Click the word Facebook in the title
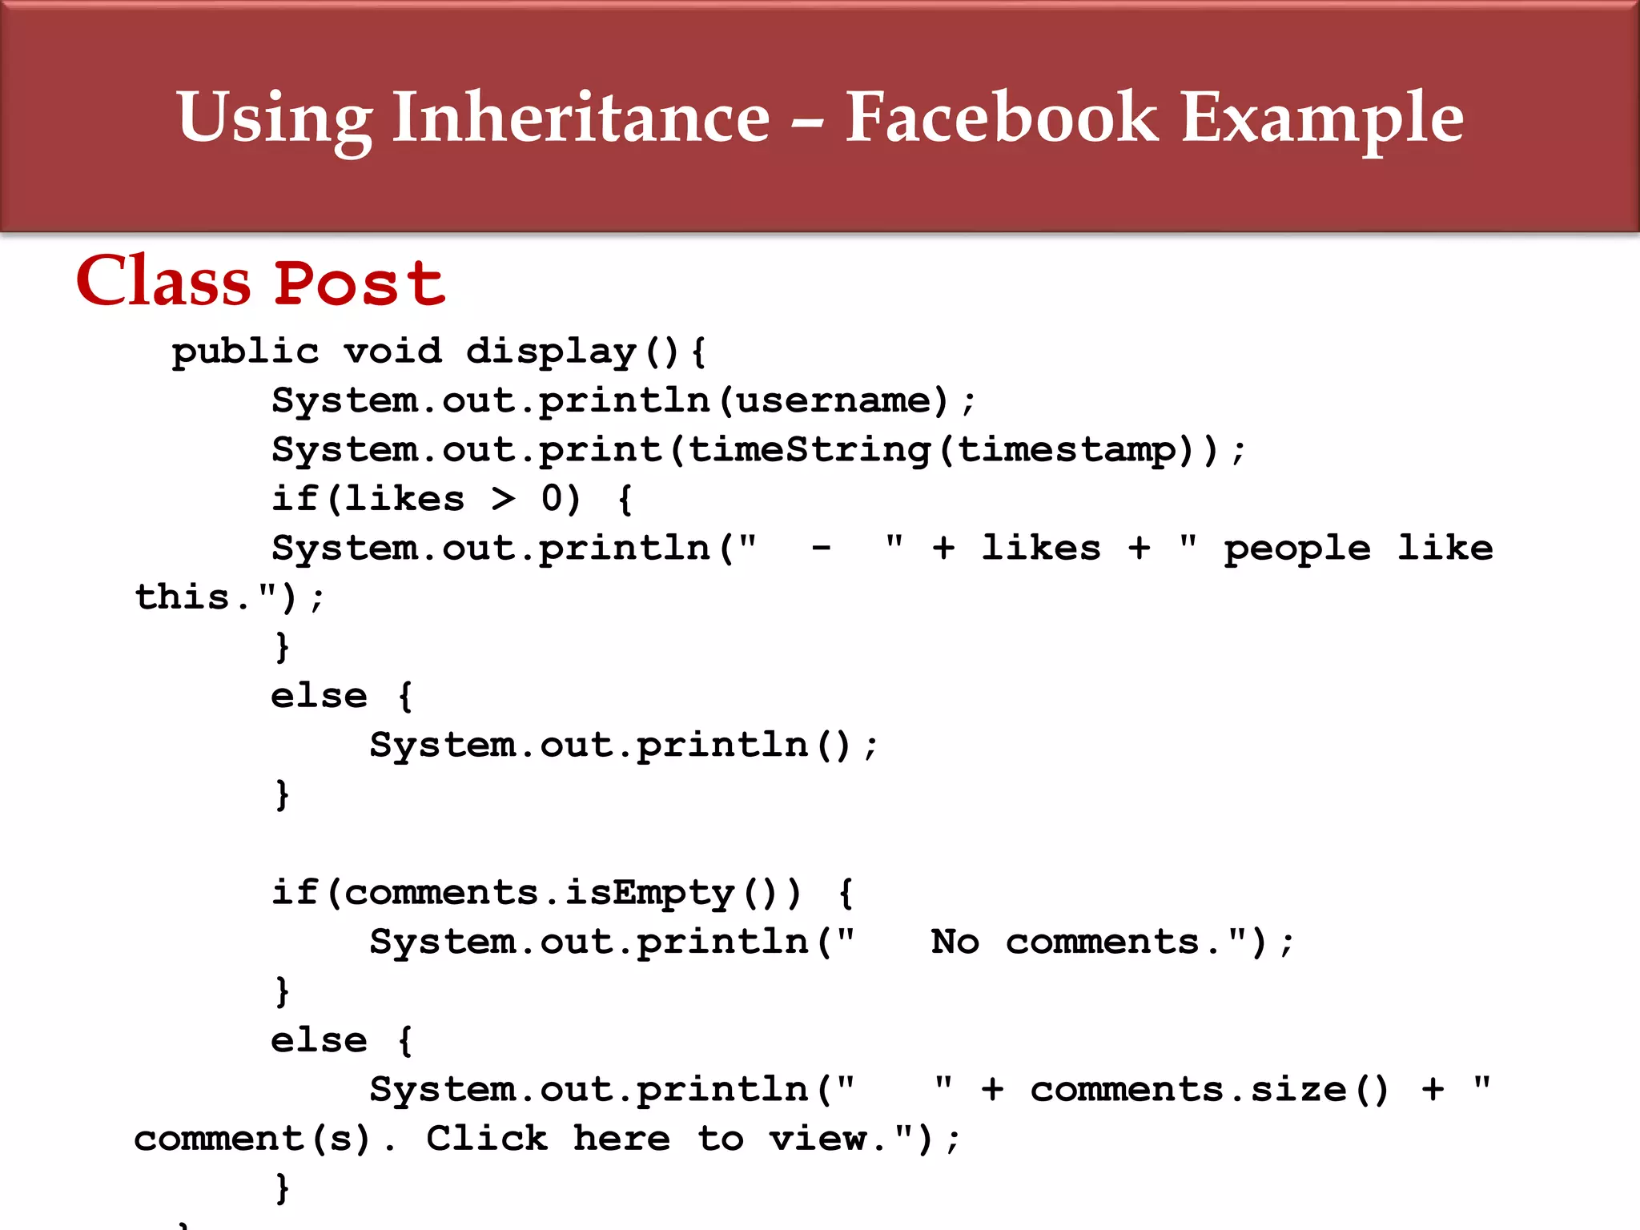(x=1001, y=118)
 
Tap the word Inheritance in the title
(x=581, y=118)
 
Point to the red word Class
(x=163, y=281)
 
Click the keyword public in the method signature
(x=245, y=352)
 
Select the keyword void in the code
(x=392, y=351)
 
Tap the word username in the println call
(x=833, y=400)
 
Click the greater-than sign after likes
(x=503, y=500)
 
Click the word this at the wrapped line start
(x=183, y=597)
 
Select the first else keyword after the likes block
(x=319, y=696)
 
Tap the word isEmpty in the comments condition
(x=649, y=893)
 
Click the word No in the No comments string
(x=955, y=942)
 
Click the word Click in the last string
(x=487, y=1139)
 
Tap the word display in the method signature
(x=551, y=352)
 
